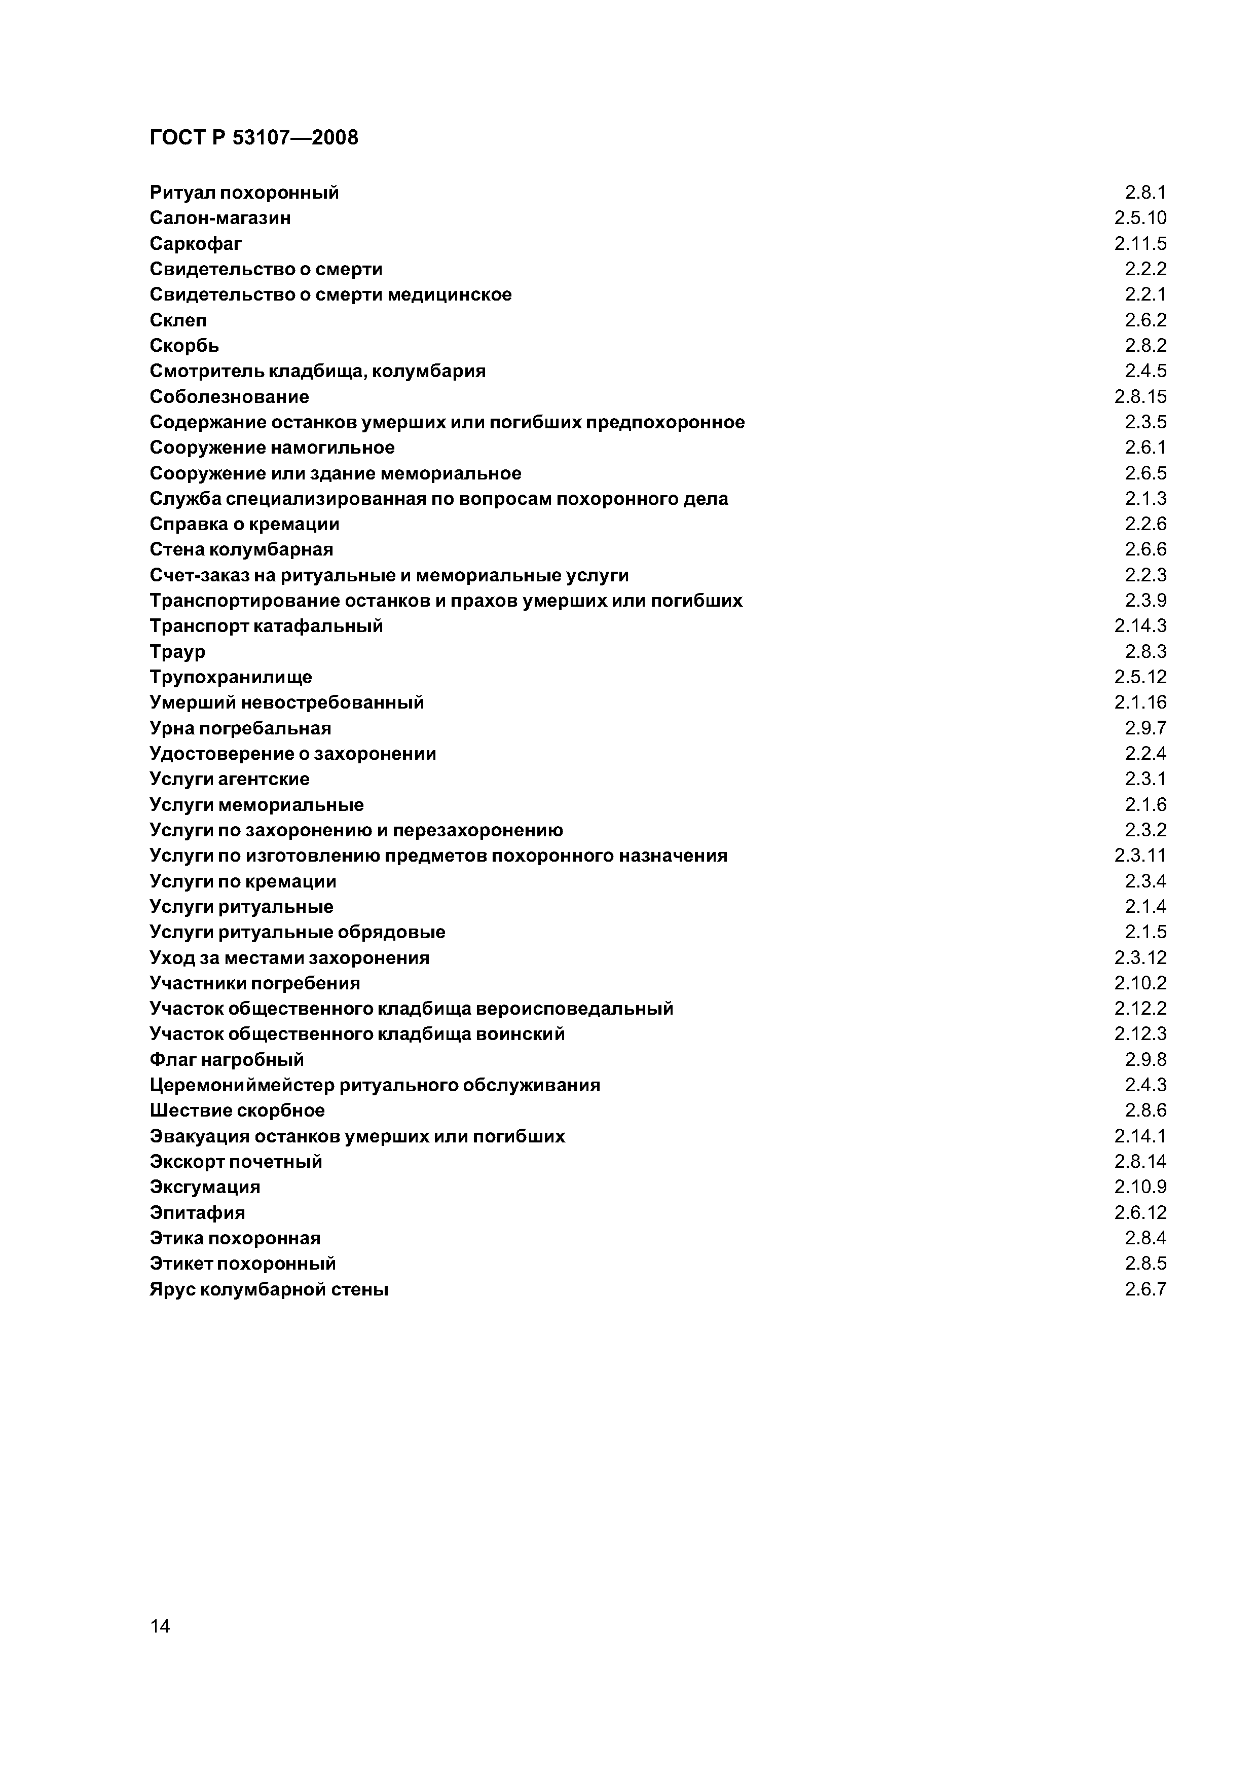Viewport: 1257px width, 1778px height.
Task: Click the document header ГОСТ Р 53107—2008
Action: pos(253,138)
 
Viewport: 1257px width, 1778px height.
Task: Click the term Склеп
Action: pos(178,320)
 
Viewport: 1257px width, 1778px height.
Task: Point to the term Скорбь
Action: pos(184,345)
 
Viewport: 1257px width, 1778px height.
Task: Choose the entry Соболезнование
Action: pos(229,396)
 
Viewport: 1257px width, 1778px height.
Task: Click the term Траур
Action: pos(177,651)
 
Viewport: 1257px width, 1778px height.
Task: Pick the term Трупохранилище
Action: pos(231,677)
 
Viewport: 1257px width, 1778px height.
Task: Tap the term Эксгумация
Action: pos(204,1187)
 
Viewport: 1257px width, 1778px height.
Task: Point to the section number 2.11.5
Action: pos(1140,244)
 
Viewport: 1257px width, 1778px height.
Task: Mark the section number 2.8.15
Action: pos(1140,396)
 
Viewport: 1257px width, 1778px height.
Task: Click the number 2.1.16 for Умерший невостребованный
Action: pos(1140,702)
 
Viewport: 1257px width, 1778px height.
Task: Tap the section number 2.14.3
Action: pos(1140,626)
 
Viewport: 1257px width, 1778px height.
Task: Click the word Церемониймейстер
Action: pos(242,1085)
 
